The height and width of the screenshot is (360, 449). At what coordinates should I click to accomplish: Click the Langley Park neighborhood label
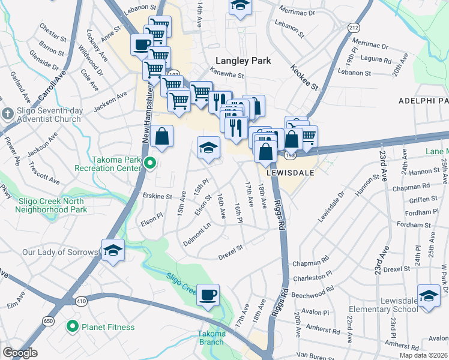pyautogui.click(x=243, y=61)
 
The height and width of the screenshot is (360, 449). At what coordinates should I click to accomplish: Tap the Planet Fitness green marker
pyautogui.click(x=73, y=327)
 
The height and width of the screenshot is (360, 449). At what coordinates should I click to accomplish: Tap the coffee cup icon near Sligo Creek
pyautogui.click(x=208, y=295)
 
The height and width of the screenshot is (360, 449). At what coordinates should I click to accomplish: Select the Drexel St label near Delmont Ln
pyautogui.click(x=229, y=247)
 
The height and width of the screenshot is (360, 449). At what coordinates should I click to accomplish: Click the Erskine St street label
pyautogui.click(x=157, y=196)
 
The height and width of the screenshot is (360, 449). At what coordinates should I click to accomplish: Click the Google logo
pyautogui.click(x=20, y=353)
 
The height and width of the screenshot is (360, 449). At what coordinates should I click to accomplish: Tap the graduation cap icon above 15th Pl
pyautogui.click(x=208, y=148)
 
